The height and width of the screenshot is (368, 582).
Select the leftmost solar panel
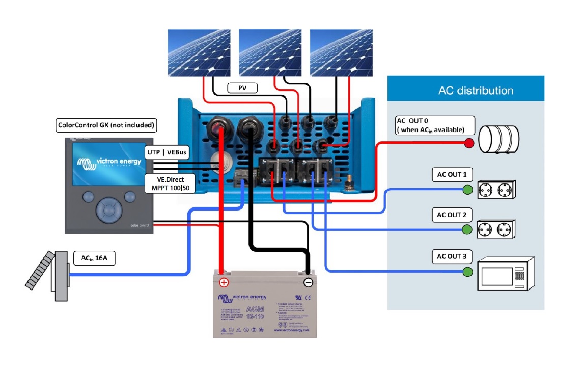[199, 52]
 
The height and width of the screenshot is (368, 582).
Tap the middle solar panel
[270, 52]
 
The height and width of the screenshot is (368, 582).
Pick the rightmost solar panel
[341, 52]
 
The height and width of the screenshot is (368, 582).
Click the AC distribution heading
[476, 91]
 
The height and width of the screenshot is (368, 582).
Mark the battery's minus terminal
[308, 282]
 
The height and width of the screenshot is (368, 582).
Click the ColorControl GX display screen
[107, 164]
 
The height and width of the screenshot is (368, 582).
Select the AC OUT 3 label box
[452, 256]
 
